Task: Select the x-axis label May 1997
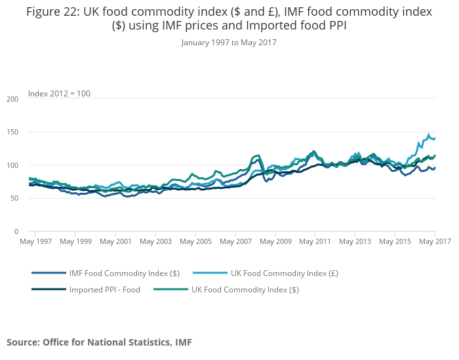[x=36, y=241]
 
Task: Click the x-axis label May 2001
[x=115, y=241]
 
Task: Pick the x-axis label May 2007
[x=235, y=241]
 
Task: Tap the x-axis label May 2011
[x=315, y=241]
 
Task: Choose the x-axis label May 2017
[x=435, y=241]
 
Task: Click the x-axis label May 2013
[x=355, y=241]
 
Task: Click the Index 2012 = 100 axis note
[x=59, y=94]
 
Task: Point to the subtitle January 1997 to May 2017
[x=229, y=42]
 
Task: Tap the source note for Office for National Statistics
[x=99, y=342]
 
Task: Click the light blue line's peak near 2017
[x=429, y=135]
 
